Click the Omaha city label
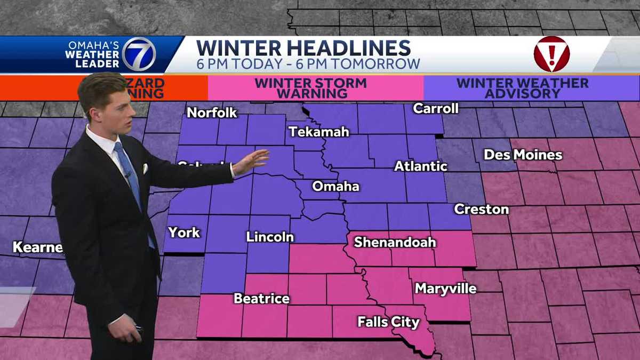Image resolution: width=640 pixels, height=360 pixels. [335, 187]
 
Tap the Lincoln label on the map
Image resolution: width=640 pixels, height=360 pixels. [270, 237]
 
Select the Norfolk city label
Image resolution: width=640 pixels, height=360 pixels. [212, 113]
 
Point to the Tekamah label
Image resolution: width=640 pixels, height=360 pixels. [318, 132]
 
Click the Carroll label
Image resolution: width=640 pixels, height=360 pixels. [436, 108]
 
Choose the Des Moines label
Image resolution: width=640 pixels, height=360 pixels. [523, 155]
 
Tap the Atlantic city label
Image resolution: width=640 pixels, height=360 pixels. [420, 166]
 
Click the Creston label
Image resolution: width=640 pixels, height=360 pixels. [481, 209]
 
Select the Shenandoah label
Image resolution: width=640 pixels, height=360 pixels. [395, 242]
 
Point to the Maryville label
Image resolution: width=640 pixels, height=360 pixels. [445, 289]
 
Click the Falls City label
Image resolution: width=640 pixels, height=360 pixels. [388, 322]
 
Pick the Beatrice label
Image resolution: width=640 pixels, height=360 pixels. [261, 299]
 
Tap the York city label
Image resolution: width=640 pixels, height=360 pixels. [184, 232]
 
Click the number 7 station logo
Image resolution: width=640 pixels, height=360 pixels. [139, 54]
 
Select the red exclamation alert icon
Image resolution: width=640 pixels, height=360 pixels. [551, 54]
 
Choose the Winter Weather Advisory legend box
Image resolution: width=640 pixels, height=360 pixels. [522, 88]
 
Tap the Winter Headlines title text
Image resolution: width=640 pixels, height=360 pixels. [303, 47]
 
